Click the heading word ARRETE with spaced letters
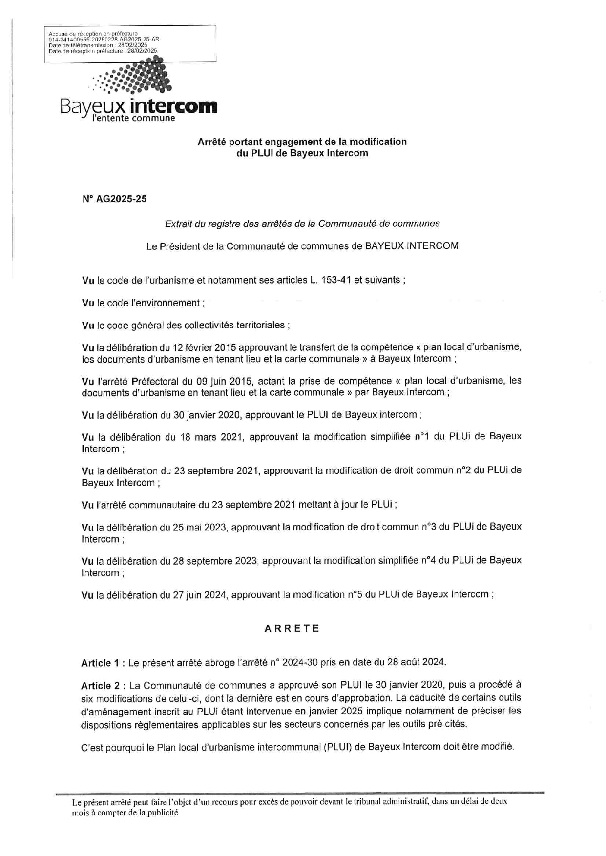pos(292,628)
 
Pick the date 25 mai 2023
pos(200,527)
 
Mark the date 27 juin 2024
pos(200,594)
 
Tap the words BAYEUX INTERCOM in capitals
pos(412,246)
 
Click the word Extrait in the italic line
pos(178,224)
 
